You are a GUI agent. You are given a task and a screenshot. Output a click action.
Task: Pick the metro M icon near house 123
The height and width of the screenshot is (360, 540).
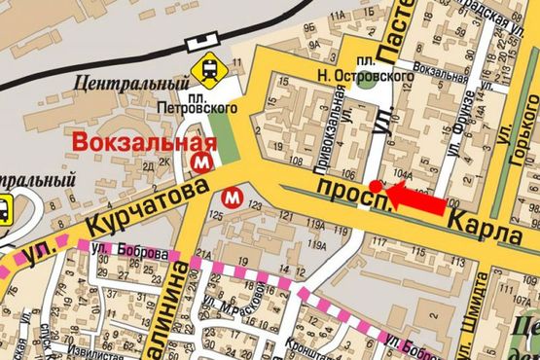click(232, 197)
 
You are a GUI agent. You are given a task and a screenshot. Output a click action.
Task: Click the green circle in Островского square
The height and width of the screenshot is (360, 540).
click(367, 81)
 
